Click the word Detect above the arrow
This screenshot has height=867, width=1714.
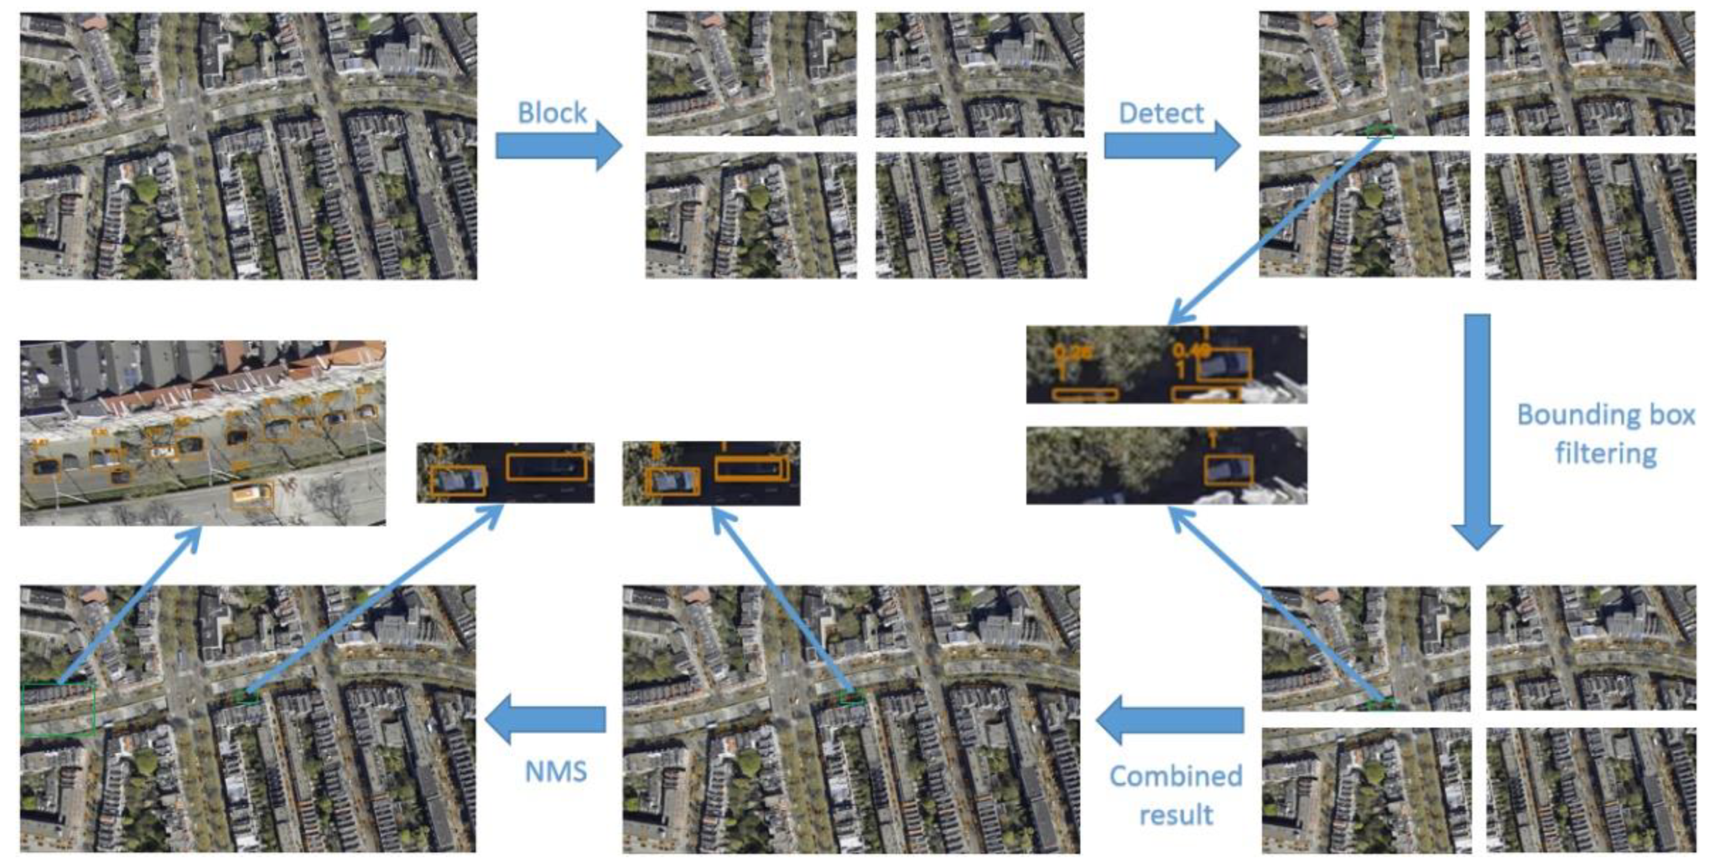click(x=1160, y=113)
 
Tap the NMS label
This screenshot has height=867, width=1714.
click(x=555, y=771)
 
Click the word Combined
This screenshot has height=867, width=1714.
click(x=1176, y=776)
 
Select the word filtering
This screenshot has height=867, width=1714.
click(x=1605, y=453)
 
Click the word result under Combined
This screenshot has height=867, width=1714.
click(x=1176, y=815)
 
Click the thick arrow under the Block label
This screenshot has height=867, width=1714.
click(x=558, y=145)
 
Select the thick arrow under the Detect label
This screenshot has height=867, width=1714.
click(x=1171, y=145)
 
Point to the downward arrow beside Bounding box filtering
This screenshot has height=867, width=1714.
click(x=1477, y=432)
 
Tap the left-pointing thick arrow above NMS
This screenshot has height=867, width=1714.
click(x=546, y=719)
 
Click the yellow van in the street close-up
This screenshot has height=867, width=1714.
click(x=252, y=494)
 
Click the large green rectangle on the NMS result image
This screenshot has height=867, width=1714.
click(x=58, y=710)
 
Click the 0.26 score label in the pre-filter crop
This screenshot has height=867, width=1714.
click(x=1072, y=353)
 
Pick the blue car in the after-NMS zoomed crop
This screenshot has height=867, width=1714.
click(x=458, y=481)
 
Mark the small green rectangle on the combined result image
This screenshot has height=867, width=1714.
click(x=851, y=698)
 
